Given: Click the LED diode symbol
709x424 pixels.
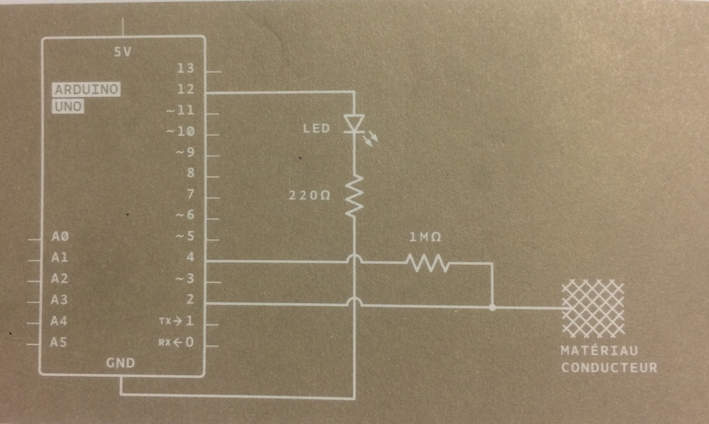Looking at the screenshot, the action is coord(354,123).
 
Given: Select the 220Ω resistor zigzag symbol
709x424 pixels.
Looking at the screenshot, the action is coord(354,197).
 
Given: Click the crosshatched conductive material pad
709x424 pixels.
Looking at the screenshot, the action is coord(592,308).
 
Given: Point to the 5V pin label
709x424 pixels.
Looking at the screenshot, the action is coord(123,52).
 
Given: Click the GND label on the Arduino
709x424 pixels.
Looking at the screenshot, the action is coord(121,363).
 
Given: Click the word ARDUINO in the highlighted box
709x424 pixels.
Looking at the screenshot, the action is coord(87,90).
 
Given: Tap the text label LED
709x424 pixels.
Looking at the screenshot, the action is coord(317,127).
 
